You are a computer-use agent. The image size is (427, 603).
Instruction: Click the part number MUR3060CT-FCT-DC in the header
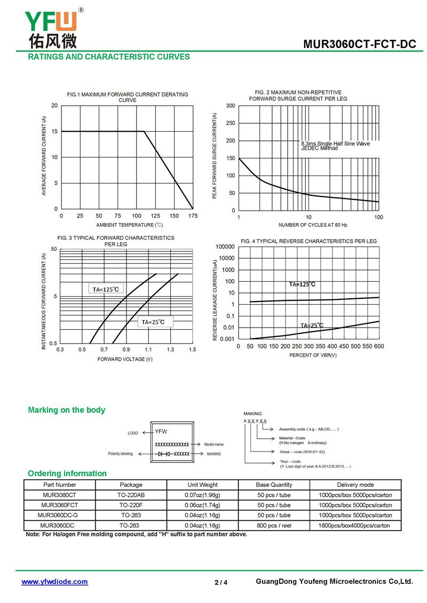coord(360,44)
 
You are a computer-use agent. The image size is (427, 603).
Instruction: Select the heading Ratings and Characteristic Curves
coord(109,57)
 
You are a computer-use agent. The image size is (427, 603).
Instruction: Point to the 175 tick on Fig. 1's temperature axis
coord(193,216)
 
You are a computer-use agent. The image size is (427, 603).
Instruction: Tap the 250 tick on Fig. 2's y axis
coord(231,123)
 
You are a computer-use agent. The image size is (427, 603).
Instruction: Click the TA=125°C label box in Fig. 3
coord(106,289)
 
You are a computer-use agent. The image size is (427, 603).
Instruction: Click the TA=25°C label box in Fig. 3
coord(153,322)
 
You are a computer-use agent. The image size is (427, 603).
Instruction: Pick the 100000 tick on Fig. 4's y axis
coord(225,247)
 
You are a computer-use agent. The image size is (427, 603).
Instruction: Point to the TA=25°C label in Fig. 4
coord(312,326)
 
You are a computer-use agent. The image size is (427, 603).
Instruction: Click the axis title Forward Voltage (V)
coord(125,359)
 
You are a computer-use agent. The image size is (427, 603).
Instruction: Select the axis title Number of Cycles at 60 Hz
coord(313,225)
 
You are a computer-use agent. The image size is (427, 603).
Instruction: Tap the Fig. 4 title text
coord(309,241)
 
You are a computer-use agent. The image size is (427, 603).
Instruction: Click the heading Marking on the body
coord(67,410)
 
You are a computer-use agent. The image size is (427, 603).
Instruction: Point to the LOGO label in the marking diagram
coord(133,433)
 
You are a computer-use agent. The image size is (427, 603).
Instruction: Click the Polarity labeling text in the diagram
coord(121,454)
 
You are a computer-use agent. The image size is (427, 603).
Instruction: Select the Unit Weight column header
coord(202,485)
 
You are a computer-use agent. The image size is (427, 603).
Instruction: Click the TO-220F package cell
coord(131,505)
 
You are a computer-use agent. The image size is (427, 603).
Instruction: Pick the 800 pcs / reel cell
coord(274,525)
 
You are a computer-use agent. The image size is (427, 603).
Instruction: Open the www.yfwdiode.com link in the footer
coord(54,582)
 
